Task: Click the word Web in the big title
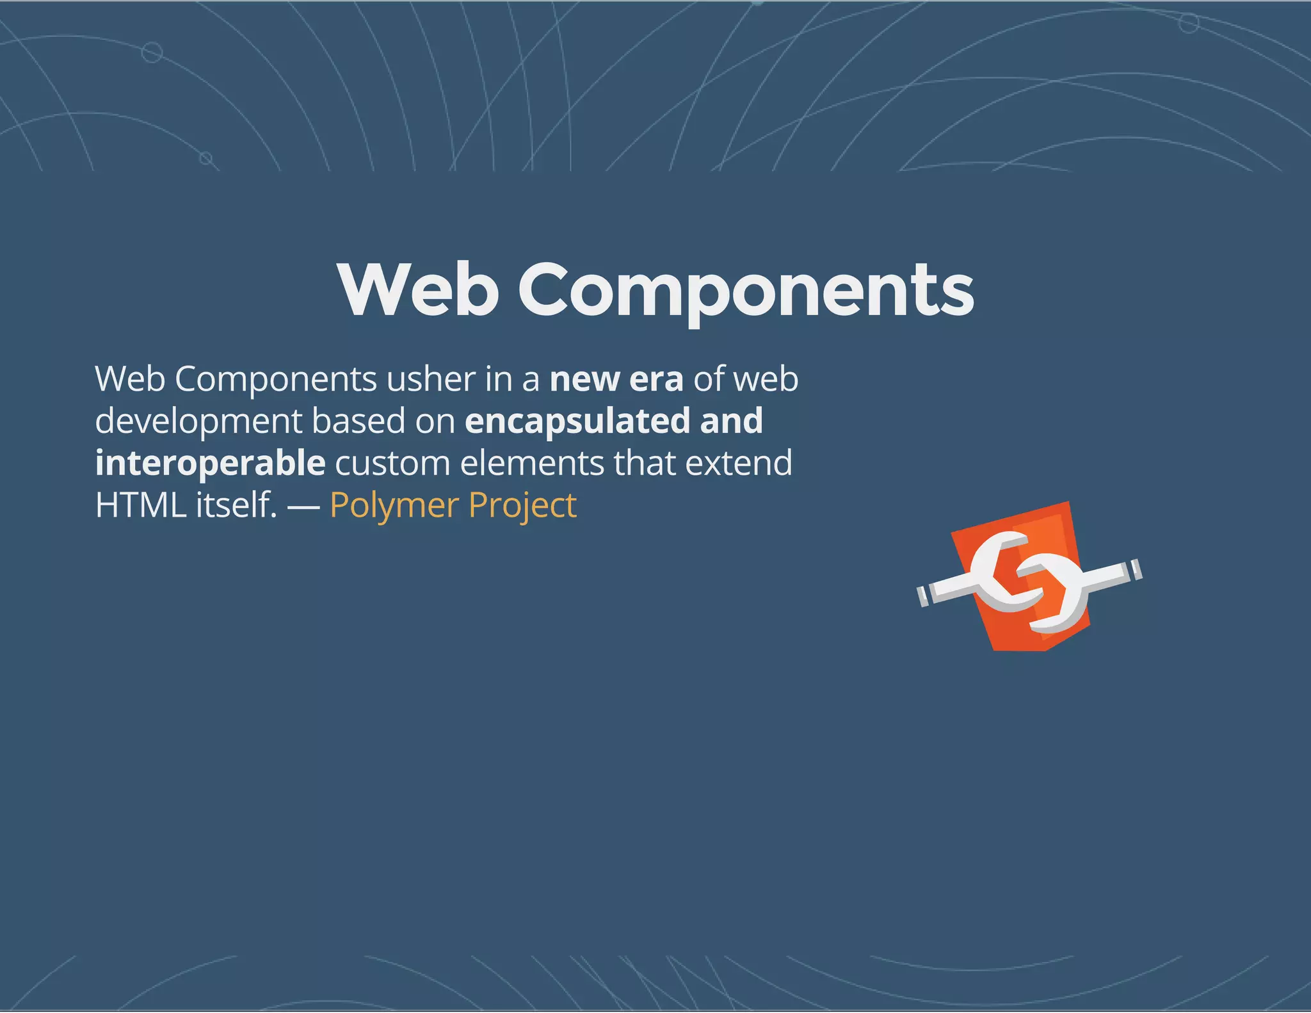(418, 290)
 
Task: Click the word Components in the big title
(746, 291)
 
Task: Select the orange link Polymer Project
(453, 505)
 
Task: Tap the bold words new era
(616, 379)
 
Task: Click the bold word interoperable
(210, 464)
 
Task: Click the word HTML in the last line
(140, 505)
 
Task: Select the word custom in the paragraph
(392, 463)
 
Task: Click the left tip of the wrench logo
(923, 596)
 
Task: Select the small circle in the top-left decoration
(152, 52)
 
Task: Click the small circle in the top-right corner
(1189, 24)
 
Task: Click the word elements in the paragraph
(531, 463)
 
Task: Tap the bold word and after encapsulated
(731, 421)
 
